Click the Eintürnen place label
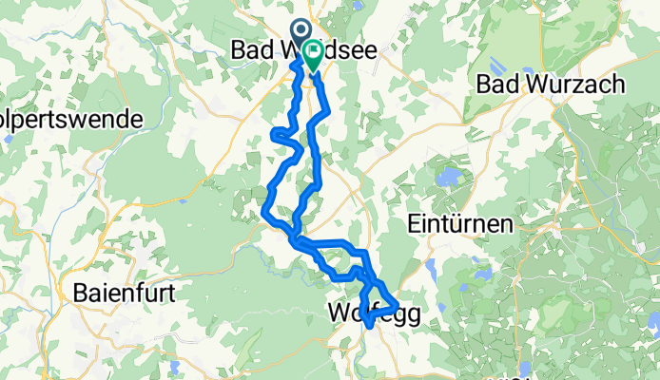(459, 225)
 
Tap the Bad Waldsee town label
(302, 51)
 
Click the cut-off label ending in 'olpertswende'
(71, 120)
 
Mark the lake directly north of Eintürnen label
(446, 177)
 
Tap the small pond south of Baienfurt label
(175, 366)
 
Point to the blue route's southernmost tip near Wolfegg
(368, 330)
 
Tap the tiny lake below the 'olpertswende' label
(9, 139)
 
